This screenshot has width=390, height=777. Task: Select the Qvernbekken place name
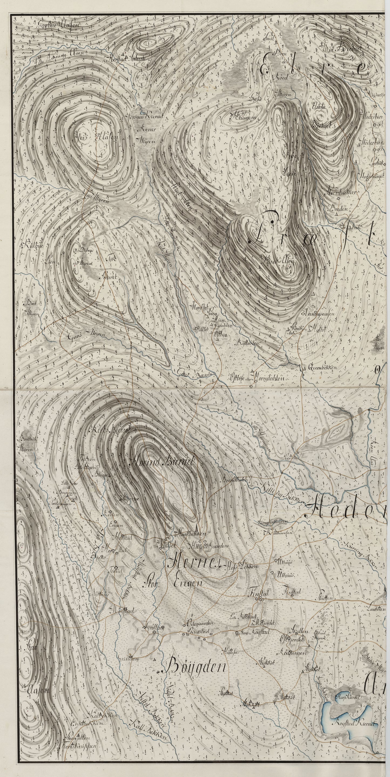coord(326,367)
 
